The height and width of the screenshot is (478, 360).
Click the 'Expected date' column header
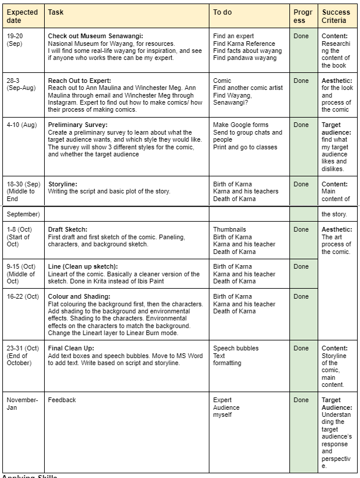point(22,16)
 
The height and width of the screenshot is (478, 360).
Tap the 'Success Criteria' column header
point(335,16)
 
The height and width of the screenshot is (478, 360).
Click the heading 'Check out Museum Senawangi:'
point(95,36)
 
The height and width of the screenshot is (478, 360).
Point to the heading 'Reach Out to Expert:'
point(79,81)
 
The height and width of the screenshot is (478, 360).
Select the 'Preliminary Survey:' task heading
point(78,125)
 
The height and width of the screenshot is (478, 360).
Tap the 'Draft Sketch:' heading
point(68,229)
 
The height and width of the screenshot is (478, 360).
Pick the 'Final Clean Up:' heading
point(71,348)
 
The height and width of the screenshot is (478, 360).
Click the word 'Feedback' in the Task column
point(62,400)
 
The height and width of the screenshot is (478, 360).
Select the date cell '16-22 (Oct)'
point(23,296)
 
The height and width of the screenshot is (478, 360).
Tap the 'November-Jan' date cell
point(22,403)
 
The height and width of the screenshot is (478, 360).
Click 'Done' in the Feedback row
point(301,400)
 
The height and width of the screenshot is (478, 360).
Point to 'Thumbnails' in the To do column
point(229,229)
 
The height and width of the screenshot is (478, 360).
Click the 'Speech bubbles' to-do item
point(235,348)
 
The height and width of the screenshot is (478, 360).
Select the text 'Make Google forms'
point(241,125)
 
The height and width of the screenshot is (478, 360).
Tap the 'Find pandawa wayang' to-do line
point(244,58)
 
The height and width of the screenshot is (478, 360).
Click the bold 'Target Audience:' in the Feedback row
point(336,403)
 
